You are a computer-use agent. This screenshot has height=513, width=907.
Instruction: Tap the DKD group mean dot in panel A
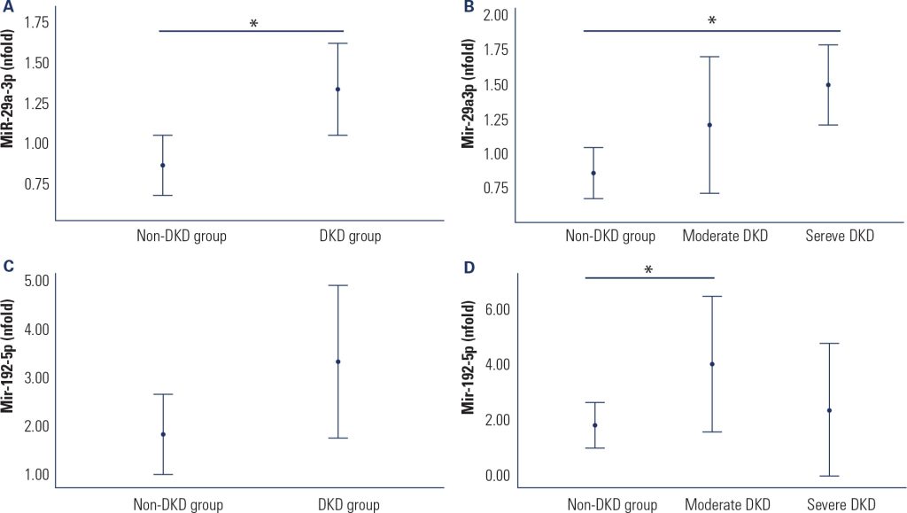pos(337,89)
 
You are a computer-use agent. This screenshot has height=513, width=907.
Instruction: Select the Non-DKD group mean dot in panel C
pos(163,434)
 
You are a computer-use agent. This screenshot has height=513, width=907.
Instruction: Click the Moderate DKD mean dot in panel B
pos(709,125)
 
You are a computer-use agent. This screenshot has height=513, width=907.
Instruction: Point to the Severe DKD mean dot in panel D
pos(829,410)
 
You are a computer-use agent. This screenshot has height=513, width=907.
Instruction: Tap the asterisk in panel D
pos(648,270)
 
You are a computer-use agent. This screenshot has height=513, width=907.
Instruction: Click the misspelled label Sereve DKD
pos(840,237)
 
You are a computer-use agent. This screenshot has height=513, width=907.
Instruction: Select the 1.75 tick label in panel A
pos(35,22)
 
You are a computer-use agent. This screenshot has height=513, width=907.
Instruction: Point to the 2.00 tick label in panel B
pos(494,16)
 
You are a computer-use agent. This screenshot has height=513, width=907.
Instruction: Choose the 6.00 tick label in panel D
pos(494,309)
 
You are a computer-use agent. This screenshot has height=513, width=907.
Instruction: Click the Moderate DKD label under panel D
pos(725,505)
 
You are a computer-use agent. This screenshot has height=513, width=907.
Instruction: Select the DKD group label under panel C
pos(349,505)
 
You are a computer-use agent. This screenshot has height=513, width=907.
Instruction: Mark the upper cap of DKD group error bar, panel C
pos(337,285)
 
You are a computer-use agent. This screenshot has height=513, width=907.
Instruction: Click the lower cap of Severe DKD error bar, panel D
pos(829,476)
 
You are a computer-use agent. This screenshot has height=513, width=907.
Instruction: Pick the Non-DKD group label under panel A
pos(181,237)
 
